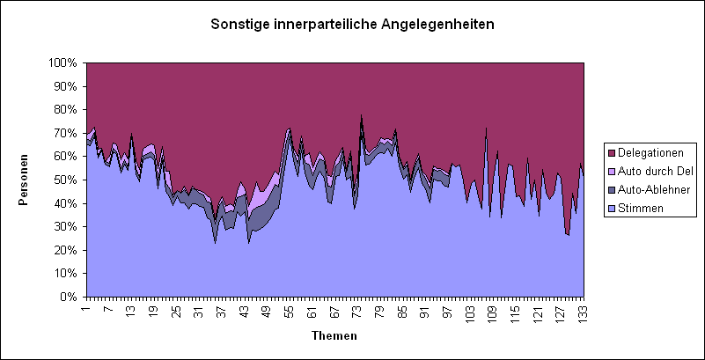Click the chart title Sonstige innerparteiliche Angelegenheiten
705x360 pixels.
point(352,24)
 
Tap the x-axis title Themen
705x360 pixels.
point(334,336)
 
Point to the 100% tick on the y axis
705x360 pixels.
point(64,63)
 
